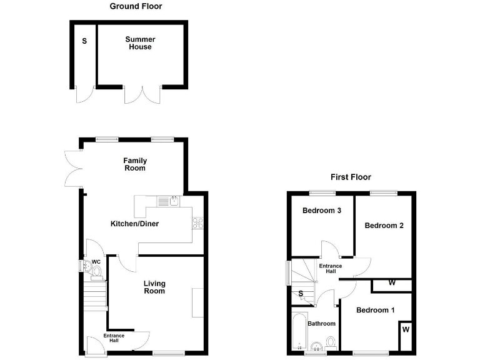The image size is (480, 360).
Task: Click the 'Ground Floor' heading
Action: (x=136, y=6)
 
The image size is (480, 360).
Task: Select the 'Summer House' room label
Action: (x=140, y=43)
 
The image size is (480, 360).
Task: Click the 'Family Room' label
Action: (x=135, y=164)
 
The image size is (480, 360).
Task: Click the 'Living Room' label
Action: (x=154, y=287)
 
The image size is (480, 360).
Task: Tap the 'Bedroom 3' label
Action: (x=321, y=211)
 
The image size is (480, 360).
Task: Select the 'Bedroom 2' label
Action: (x=384, y=226)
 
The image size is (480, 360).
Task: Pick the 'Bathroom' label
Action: (x=321, y=324)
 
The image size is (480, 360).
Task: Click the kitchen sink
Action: (x=169, y=201)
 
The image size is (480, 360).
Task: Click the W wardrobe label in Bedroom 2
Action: (x=392, y=283)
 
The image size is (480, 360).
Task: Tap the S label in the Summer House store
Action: (x=84, y=41)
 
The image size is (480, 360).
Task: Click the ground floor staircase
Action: (x=95, y=295)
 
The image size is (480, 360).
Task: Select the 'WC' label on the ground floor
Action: (x=96, y=262)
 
